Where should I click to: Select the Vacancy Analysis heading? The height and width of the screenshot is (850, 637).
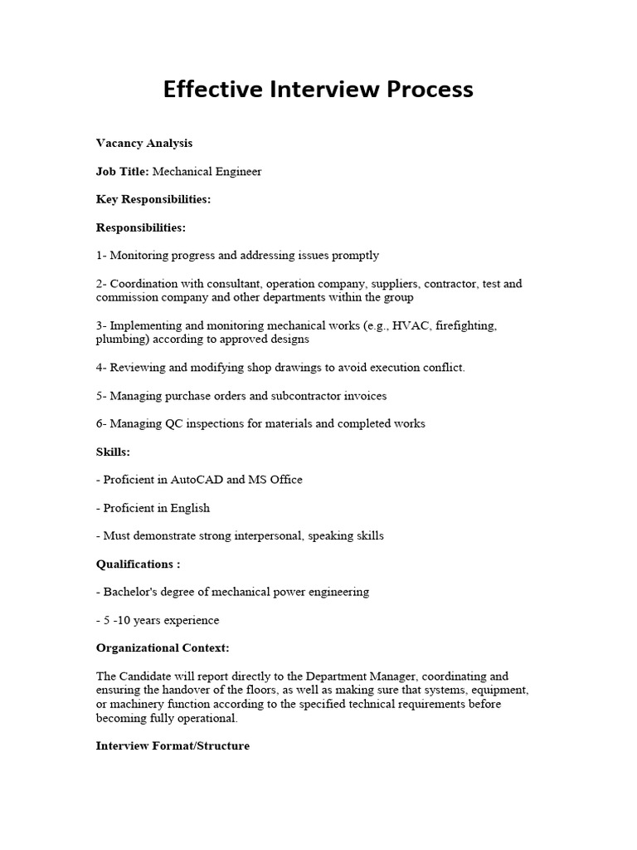143,143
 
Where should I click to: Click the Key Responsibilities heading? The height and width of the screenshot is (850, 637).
153,199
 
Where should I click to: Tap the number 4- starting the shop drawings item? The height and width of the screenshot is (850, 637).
101,367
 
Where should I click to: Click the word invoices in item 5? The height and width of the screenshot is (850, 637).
363,395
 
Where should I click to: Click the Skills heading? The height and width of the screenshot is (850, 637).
113,452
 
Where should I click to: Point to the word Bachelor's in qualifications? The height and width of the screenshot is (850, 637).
129,593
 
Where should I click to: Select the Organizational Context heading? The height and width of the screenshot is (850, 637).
163,647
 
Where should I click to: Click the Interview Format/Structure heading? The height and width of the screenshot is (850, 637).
173,746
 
